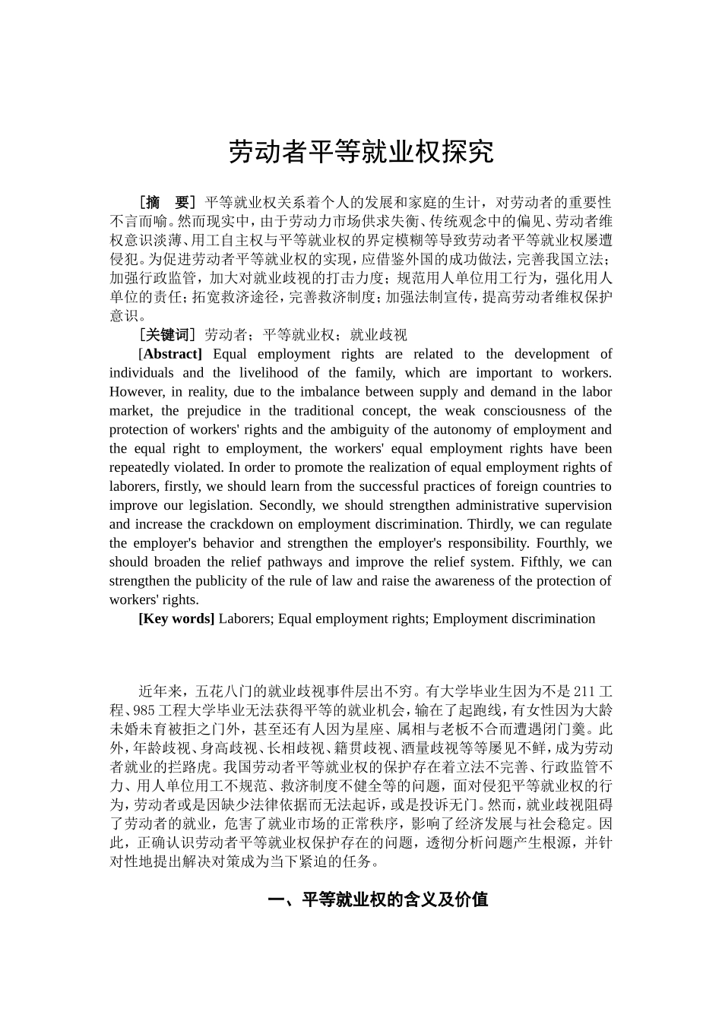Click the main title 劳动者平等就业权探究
[x=361, y=152]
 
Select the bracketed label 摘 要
[x=167, y=203]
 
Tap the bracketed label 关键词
[x=167, y=335]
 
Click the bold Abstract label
[x=173, y=354]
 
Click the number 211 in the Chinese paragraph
[x=582, y=692]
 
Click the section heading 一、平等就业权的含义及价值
[x=378, y=900]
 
